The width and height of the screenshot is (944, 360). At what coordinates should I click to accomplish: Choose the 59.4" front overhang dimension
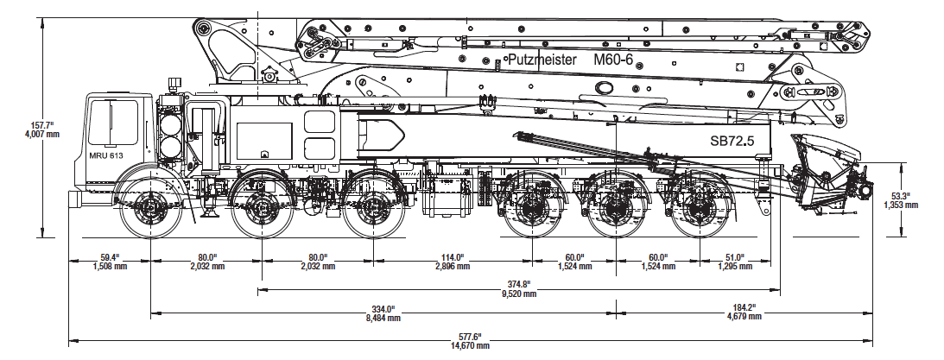tap(108, 257)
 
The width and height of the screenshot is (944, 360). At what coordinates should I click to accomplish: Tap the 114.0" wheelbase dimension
tap(453, 257)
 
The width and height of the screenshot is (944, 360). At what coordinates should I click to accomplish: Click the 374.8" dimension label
tap(518, 284)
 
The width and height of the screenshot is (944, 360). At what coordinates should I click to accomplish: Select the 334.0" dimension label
tap(383, 308)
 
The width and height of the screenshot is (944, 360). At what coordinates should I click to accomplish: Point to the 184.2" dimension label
tap(744, 308)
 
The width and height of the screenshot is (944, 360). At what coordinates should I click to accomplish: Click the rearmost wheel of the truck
tap(697, 208)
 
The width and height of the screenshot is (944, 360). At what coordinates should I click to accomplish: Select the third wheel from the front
tap(374, 208)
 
